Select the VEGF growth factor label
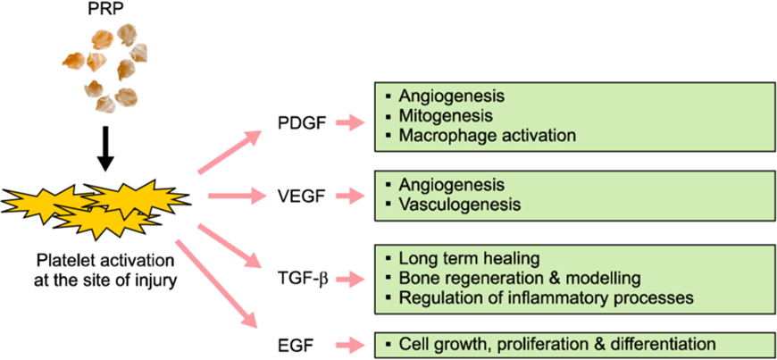pos(300,194)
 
